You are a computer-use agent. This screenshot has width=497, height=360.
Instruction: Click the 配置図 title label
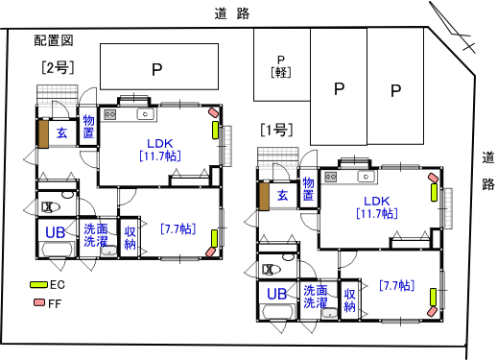tap(54, 40)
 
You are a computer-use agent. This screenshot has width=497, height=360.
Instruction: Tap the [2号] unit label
tap(58, 67)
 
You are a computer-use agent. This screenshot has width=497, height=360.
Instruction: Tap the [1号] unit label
tap(276, 130)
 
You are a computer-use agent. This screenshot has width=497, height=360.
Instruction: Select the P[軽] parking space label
tap(281, 66)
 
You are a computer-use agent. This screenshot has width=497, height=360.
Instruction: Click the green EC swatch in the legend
tap(38, 284)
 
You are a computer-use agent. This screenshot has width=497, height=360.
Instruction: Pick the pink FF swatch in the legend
tap(39, 302)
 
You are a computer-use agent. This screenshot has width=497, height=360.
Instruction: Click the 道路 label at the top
tap(232, 13)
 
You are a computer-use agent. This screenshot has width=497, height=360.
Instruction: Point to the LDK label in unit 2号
tap(160, 143)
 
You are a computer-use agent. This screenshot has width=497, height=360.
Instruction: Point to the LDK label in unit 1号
tap(377, 201)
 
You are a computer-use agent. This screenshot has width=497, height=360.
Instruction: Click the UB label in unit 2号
tap(55, 232)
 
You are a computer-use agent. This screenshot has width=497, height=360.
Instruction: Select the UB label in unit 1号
tap(276, 294)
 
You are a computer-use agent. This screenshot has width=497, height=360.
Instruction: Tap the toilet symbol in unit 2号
tap(51, 207)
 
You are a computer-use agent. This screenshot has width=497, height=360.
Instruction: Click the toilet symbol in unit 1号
tap(272, 270)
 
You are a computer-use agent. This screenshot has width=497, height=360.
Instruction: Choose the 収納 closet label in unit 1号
tap(349, 300)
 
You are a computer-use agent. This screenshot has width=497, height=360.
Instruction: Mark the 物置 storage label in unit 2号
tap(88, 127)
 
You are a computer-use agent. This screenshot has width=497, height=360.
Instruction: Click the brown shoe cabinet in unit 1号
tap(264, 196)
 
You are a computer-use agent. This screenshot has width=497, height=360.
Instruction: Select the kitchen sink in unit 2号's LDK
tap(146, 114)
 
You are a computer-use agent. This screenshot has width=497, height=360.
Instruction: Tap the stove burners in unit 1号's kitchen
tap(331, 177)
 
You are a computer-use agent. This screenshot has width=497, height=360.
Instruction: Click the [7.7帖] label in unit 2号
tap(178, 228)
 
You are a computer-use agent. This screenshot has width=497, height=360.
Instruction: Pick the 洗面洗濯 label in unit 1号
tap(316, 297)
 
